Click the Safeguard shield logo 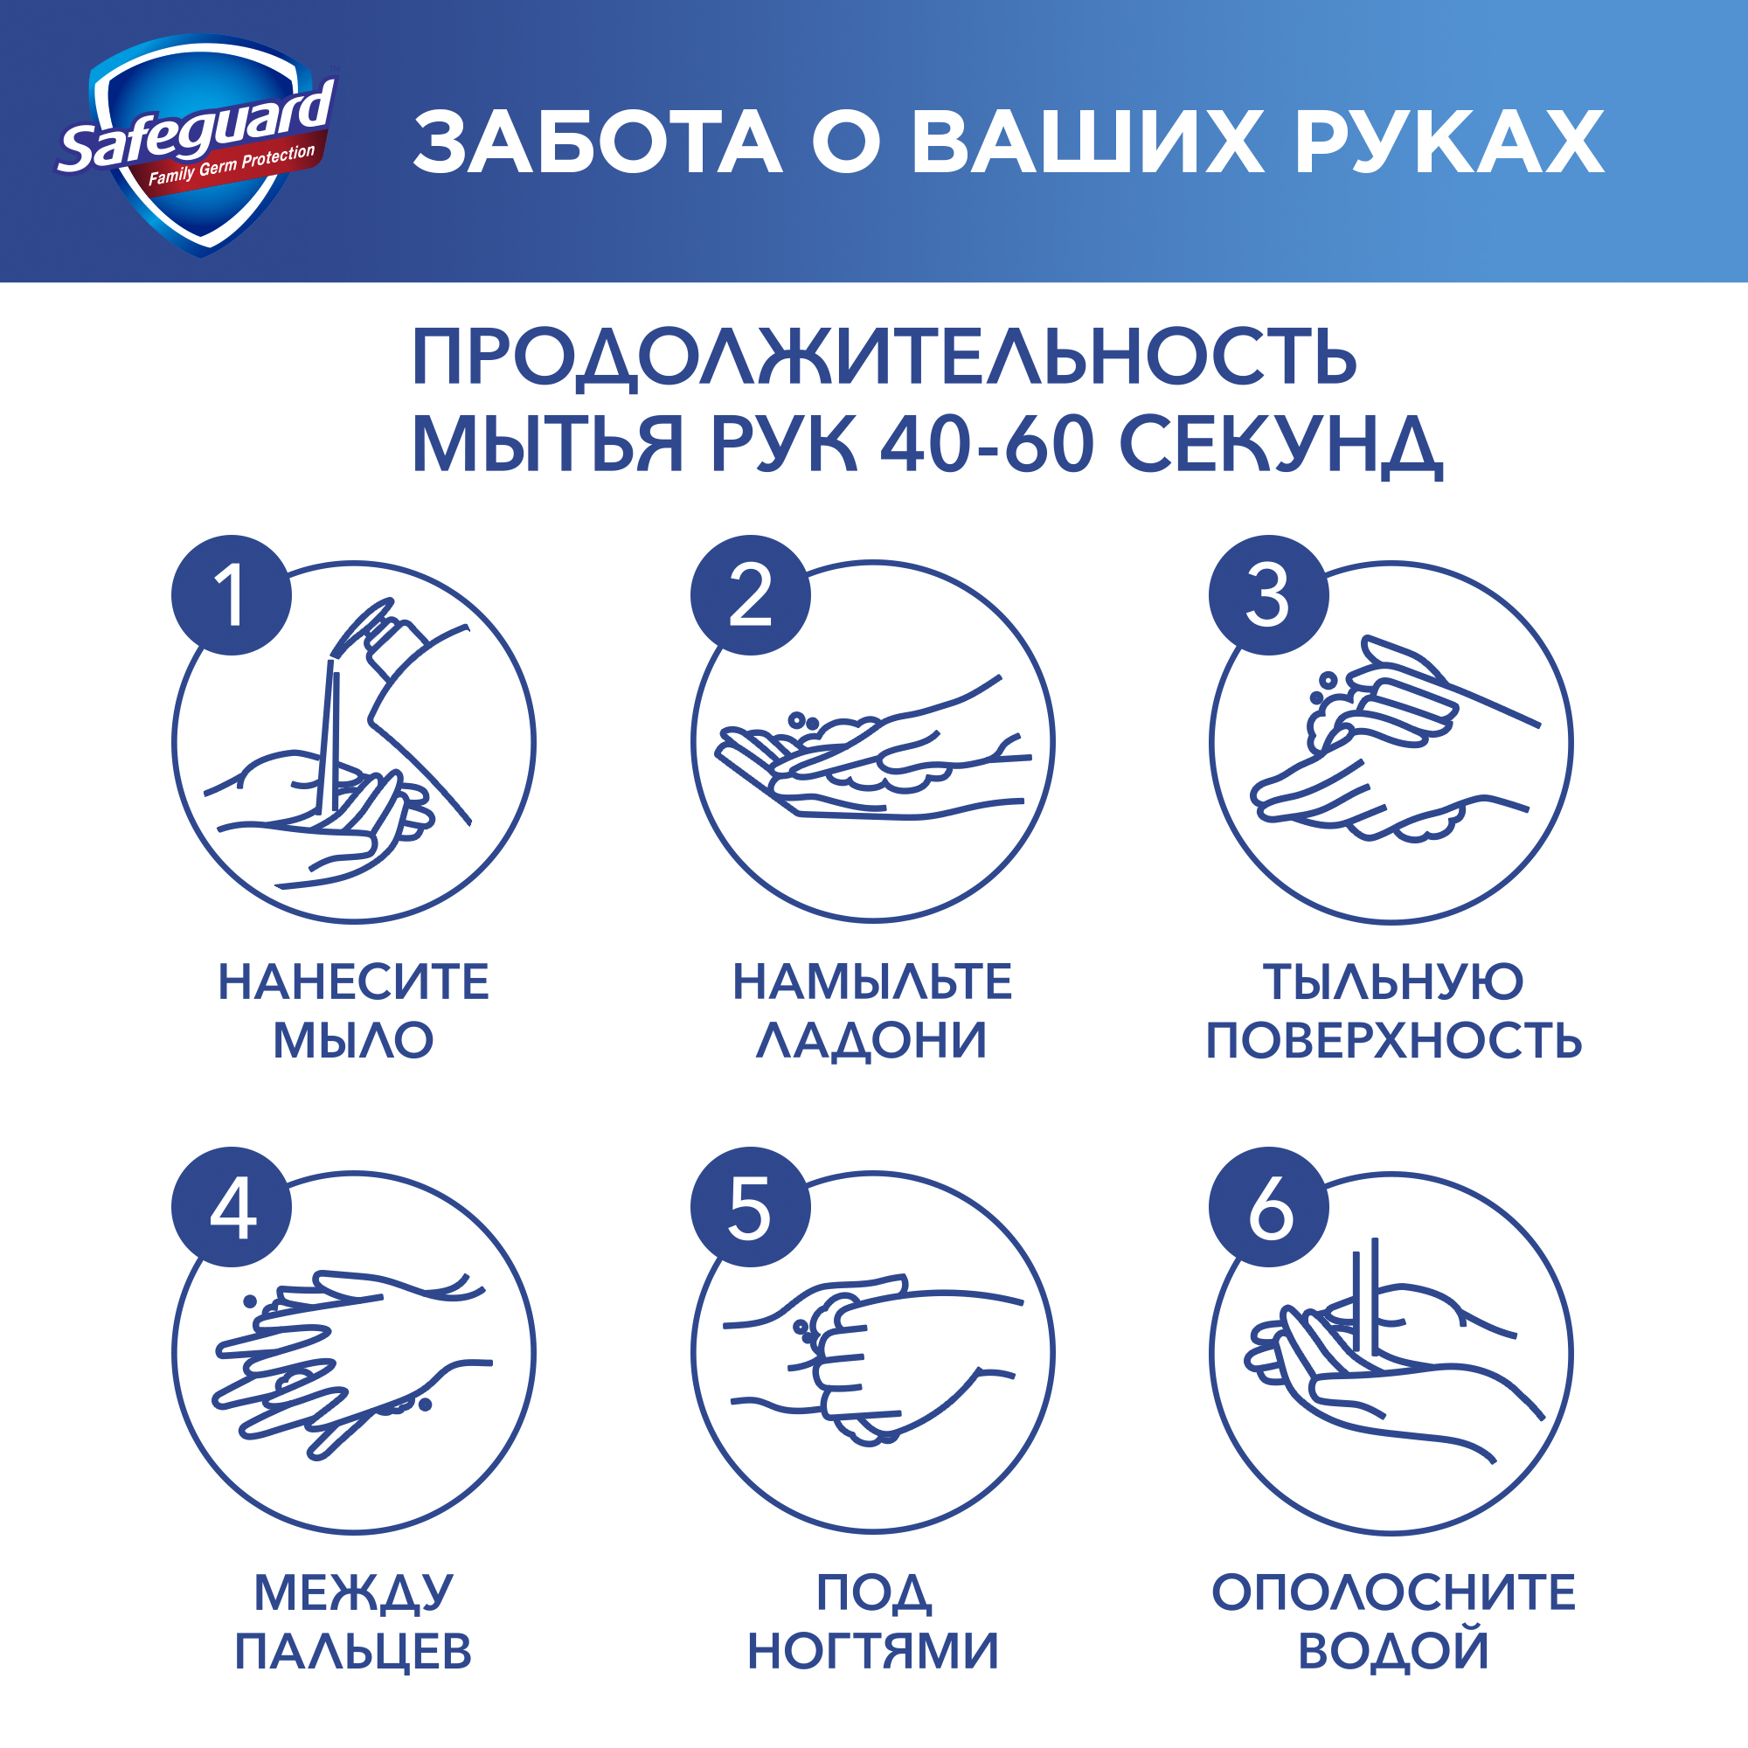click(199, 145)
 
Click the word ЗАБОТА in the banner click(597, 143)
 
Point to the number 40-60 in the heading click(987, 444)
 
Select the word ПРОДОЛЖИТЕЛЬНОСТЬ click(884, 357)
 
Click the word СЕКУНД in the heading click(1280, 444)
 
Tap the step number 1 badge click(232, 595)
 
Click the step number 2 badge click(750, 595)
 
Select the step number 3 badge click(1268, 595)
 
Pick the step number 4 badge click(232, 1208)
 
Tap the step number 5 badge click(750, 1208)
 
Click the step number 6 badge click(1268, 1208)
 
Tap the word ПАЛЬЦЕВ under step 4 click(354, 1652)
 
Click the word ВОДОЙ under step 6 click(1393, 1652)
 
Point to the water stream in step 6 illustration click(1365, 1303)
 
